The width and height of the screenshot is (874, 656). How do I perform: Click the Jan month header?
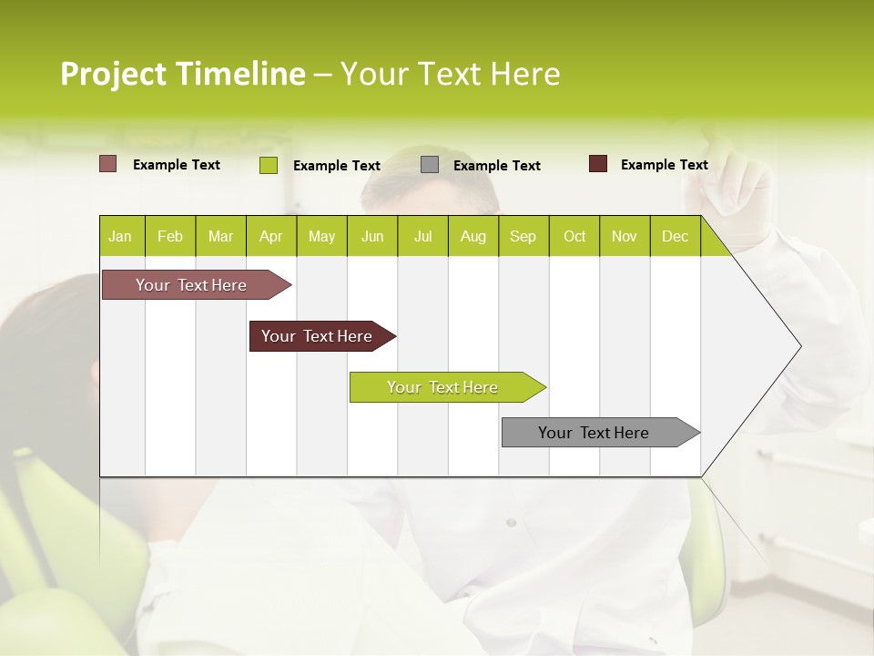(x=121, y=236)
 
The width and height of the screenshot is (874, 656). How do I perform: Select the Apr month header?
(x=270, y=236)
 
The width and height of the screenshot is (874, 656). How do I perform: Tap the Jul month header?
(x=422, y=236)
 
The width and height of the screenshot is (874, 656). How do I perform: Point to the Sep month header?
(x=523, y=236)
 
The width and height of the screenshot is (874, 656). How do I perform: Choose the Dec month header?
(x=675, y=236)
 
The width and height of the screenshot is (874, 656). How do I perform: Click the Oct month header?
(x=574, y=236)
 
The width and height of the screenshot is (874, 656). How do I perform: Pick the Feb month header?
(x=170, y=236)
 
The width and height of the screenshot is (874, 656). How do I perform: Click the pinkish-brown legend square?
(x=107, y=164)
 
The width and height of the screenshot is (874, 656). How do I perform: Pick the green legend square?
(x=268, y=165)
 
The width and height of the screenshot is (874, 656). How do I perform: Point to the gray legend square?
(x=430, y=165)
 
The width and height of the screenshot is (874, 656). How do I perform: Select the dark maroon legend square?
(x=597, y=164)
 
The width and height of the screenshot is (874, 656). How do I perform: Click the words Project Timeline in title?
(x=182, y=74)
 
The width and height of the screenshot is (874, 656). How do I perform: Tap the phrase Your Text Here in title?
(x=450, y=74)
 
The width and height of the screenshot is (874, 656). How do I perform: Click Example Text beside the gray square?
(x=496, y=165)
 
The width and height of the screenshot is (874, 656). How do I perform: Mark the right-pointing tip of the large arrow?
(x=799, y=345)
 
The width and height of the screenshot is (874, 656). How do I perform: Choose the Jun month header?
(x=371, y=236)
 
